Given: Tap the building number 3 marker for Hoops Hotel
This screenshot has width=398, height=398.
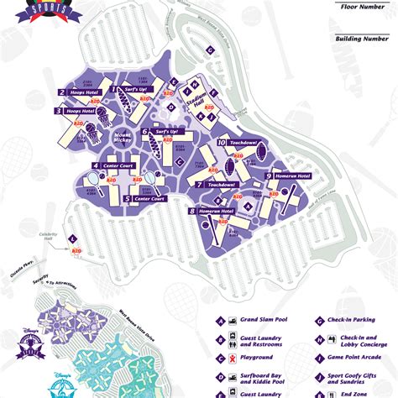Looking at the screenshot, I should (60, 110).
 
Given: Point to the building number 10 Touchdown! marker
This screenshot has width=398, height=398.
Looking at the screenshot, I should (222, 144).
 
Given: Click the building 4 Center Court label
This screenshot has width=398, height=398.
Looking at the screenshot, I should (113, 166).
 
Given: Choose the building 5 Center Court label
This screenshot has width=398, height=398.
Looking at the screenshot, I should (143, 199).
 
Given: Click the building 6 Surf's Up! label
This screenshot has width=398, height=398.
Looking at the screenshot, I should (159, 131).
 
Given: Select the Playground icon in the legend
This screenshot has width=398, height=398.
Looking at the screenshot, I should (220, 355).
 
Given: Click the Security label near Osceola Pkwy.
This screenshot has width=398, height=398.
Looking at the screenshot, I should (31, 283).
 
